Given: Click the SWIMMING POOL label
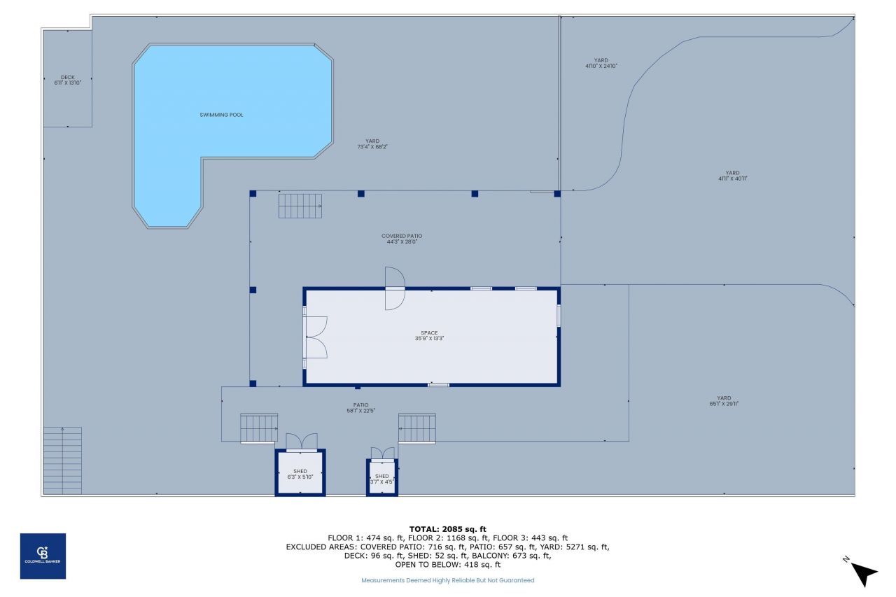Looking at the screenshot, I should coord(221,115).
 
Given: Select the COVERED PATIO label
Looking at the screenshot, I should coord(401,239).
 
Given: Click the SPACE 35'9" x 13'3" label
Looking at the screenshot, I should coord(429,335).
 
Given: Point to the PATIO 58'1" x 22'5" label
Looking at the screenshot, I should coord(360,407).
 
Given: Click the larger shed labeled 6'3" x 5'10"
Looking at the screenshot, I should coord(300,474).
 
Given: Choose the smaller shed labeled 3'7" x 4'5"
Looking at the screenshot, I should coord(381,479).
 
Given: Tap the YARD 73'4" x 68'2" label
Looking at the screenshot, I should coord(372,143).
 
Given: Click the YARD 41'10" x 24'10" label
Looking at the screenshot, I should coord(601,63).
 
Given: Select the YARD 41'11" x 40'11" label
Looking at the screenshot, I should coord(732,176).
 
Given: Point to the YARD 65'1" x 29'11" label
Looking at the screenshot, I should coord(724,400).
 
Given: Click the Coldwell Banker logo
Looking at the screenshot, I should coord(43,556).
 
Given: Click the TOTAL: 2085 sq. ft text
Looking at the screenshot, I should coord(447,529).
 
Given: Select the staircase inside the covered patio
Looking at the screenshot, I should coord(300,206).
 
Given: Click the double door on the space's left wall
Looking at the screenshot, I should coord(316,337).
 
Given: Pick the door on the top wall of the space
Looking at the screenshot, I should coord(394,288).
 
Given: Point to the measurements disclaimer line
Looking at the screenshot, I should coord(447,580).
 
